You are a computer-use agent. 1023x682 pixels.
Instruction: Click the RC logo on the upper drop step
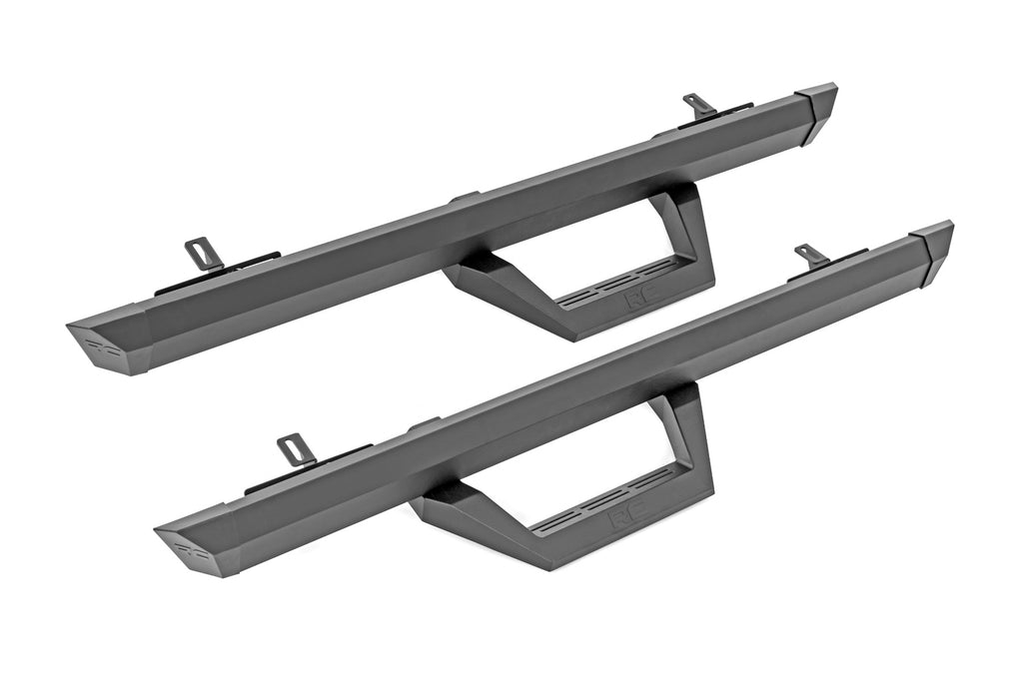tap(634, 297)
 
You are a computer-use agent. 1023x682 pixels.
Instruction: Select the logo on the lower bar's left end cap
tap(188, 547)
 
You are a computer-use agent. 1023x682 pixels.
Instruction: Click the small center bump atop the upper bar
tap(465, 199)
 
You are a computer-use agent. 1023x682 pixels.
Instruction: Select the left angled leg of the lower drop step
tap(470, 514)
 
